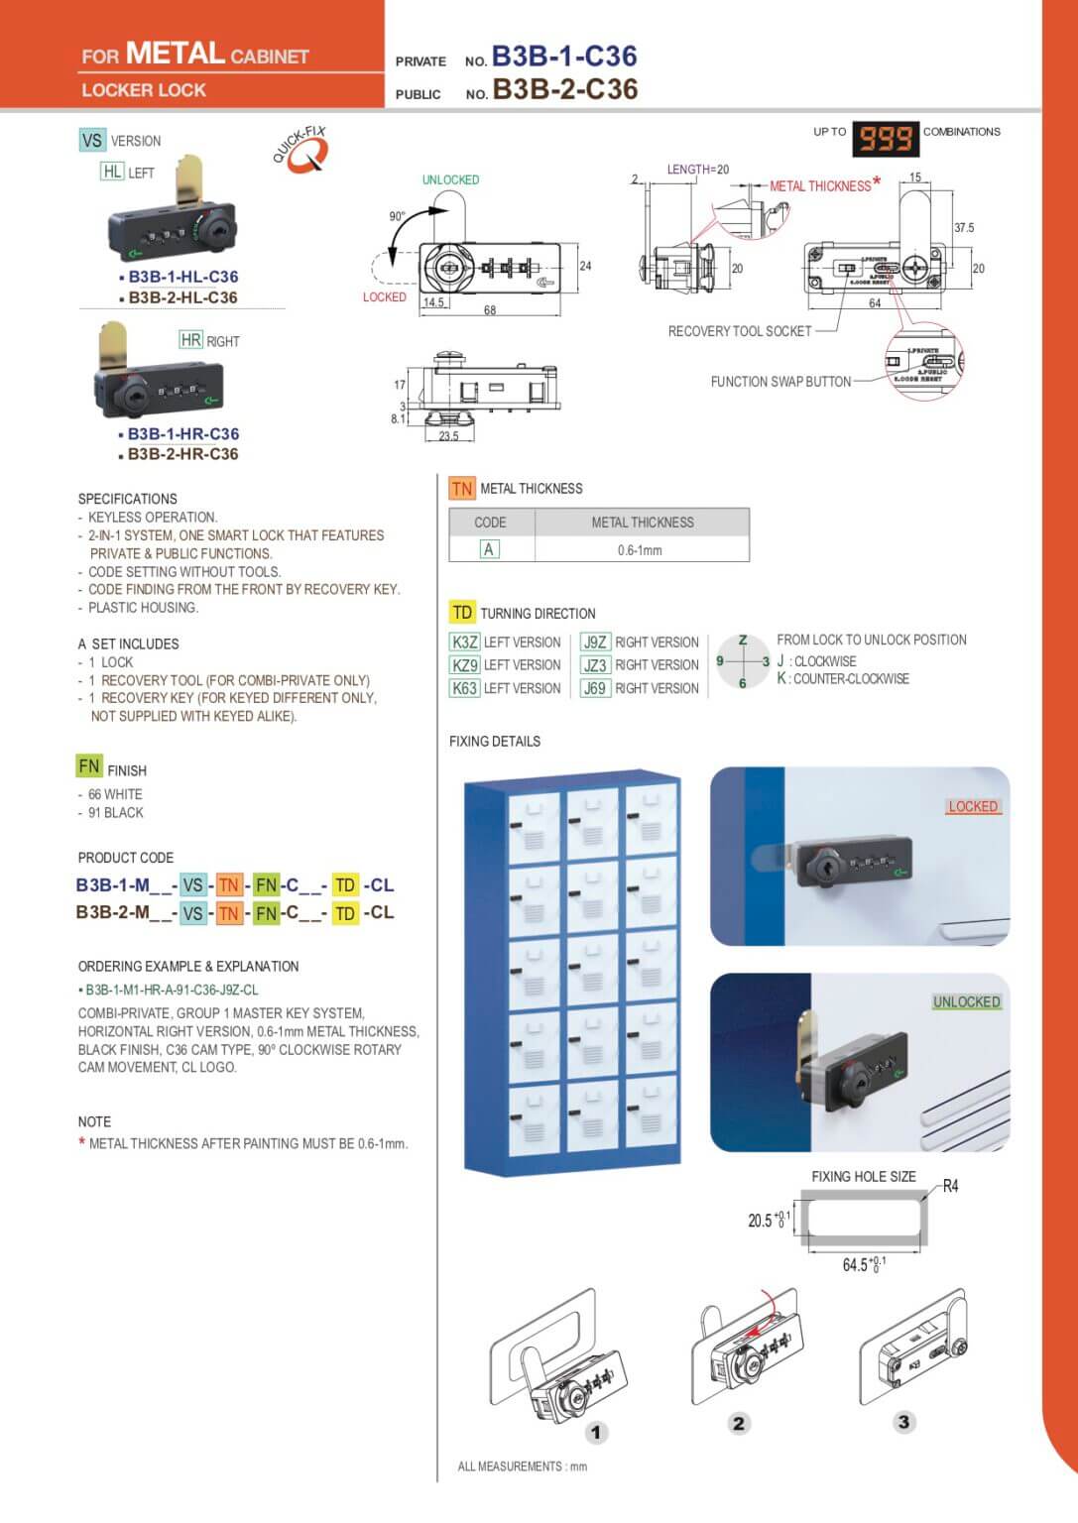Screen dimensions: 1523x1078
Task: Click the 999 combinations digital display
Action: pyautogui.click(x=886, y=139)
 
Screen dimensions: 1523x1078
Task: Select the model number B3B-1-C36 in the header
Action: pyautogui.click(x=563, y=57)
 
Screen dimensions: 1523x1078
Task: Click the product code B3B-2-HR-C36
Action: pyautogui.click(x=183, y=454)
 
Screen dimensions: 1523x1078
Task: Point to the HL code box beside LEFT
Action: pyautogui.click(x=113, y=172)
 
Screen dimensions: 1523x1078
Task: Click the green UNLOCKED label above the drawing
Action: pyautogui.click(x=450, y=179)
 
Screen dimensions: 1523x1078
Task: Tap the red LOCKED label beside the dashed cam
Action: pyautogui.click(x=384, y=296)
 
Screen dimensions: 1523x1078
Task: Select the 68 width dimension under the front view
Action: pyautogui.click(x=490, y=310)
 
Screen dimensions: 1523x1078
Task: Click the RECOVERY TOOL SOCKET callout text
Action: pyautogui.click(x=739, y=331)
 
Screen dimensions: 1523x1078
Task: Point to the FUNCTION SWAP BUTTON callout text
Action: pyautogui.click(x=780, y=382)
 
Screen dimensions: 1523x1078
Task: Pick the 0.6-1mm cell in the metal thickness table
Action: pyautogui.click(x=640, y=550)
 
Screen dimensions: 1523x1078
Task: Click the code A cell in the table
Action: pyautogui.click(x=489, y=549)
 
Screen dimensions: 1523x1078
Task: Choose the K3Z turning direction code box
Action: pyautogui.click(x=465, y=642)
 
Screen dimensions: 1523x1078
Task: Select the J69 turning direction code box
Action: pyautogui.click(x=595, y=688)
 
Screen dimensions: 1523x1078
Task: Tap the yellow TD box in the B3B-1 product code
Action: pyautogui.click(x=345, y=885)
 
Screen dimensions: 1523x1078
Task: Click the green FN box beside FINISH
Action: pyautogui.click(x=89, y=766)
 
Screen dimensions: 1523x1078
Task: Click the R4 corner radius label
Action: pyautogui.click(x=950, y=1186)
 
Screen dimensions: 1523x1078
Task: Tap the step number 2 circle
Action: pyautogui.click(x=739, y=1424)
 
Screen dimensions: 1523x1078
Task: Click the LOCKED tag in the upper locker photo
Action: pyautogui.click(x=972, y=806)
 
